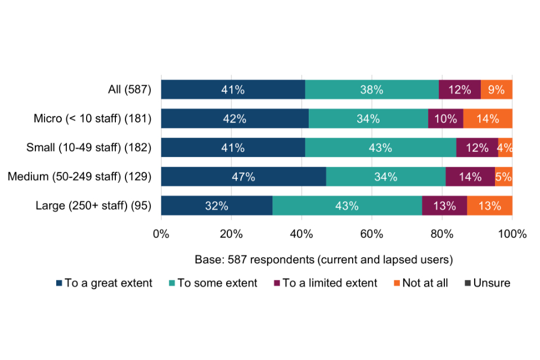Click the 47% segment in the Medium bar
point(243,177)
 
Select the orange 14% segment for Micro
point(488,119)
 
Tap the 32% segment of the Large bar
point(217,206)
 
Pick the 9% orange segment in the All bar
point(496,89)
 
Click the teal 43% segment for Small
point(380,148)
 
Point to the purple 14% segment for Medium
point(470,177)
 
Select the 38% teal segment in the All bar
point(372,89)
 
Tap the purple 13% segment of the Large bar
point(444,206)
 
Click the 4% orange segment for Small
point(505,148)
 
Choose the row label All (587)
point(129,89)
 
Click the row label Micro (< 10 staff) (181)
point(93,119)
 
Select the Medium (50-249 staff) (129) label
point(79,177)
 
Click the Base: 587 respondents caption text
point(324,260)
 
